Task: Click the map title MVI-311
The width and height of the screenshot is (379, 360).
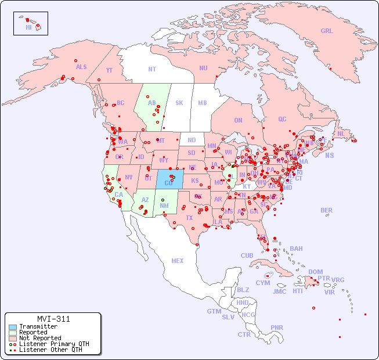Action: point(53,319)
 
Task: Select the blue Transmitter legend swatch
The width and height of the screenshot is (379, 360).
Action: point(13,327)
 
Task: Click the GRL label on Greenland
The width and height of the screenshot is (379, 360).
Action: point(327,31)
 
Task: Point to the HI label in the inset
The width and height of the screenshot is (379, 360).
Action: point(28,27)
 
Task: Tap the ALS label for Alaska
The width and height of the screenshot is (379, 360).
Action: point(81,67)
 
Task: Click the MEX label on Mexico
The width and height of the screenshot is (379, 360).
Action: point(178,261)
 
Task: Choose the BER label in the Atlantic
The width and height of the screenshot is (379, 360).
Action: point(327,210)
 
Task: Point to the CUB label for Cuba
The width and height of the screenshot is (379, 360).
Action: point(247,255)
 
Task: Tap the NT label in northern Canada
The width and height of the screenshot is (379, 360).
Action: point(152,69)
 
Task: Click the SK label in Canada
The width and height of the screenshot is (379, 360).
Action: point(179,103)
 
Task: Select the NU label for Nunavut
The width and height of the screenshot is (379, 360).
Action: point(203,68)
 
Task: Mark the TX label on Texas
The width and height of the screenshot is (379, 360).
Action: point(189,218)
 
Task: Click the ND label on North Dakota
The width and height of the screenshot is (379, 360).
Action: point(192,140)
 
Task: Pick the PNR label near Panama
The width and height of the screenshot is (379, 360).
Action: point(277,327)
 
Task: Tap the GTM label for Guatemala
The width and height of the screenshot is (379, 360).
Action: point(214,311)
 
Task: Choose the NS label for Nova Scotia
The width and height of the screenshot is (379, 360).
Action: point(329,155)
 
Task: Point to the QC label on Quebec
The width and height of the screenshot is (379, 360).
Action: point(282,119)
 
